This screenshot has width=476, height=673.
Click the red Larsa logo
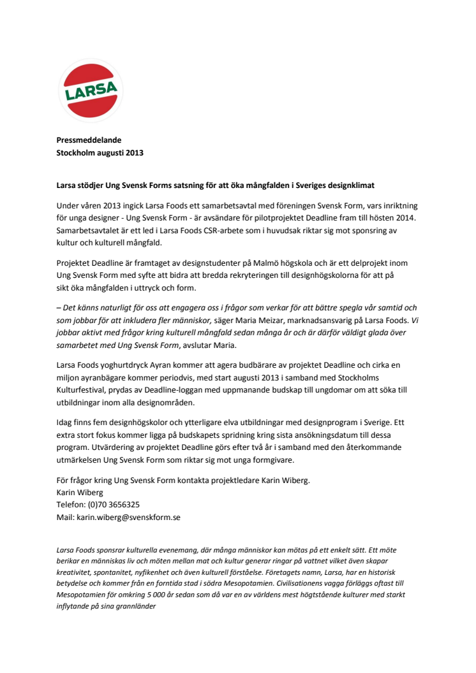[91, 91]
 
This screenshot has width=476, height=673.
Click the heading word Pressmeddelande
[89, 140]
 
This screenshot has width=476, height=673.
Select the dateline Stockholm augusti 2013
[100, 153]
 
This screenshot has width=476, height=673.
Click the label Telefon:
[71, 503]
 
